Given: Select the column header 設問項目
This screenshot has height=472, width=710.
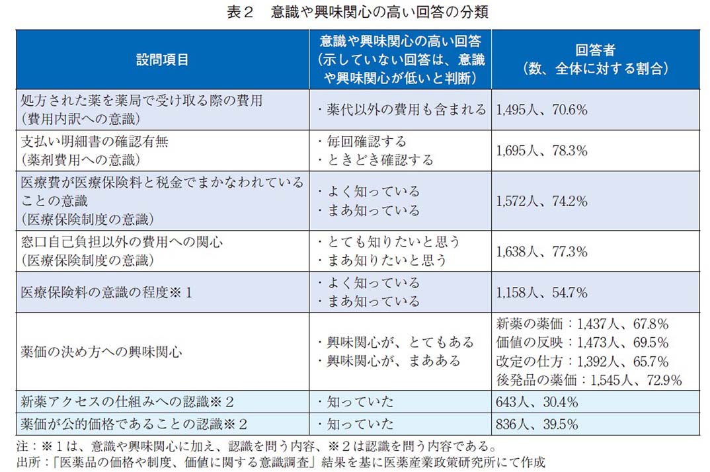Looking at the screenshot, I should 162,59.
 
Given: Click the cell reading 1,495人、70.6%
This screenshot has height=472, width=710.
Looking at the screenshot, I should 541,110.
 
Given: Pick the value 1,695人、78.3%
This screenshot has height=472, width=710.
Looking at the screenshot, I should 541,151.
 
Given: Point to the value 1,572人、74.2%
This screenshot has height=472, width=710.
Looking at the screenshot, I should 541,201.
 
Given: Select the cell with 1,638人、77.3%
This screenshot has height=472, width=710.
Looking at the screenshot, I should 541,251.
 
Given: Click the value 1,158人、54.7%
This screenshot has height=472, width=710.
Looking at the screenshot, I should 541,292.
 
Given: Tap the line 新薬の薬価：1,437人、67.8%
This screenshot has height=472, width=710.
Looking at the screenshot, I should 582,324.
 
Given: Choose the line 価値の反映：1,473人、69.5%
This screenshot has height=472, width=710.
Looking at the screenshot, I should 582,343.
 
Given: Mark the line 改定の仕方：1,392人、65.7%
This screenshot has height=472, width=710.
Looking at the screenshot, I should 582,362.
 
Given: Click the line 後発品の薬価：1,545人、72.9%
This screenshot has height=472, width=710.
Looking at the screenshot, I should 588,380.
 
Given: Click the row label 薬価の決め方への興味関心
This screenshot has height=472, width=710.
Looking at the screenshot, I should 101,352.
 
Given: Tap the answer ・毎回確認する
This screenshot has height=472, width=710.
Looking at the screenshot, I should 361,141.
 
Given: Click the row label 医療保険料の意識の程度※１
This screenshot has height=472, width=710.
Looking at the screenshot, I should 106,292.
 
